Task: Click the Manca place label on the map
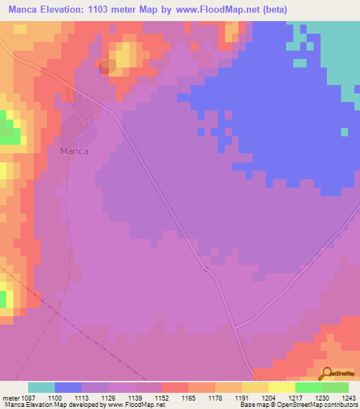[x=74, y=150]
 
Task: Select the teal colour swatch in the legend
[x=41, y=387]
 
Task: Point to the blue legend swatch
[x=68, y=387]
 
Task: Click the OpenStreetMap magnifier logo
[x=327, y=374]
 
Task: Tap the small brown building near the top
[x=107, y=67]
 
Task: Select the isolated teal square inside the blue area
[x=344, y=131]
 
